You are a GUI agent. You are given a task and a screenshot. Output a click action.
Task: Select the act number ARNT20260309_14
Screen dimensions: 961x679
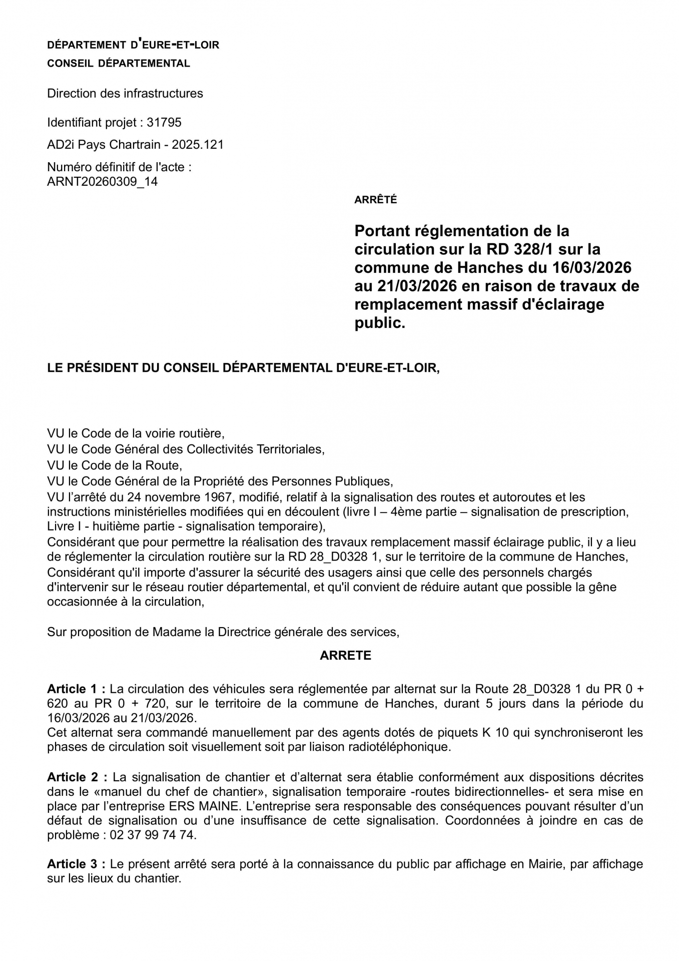[x=102, y=182]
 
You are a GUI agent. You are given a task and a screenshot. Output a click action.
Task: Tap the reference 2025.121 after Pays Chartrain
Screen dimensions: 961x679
[x=198, y=145]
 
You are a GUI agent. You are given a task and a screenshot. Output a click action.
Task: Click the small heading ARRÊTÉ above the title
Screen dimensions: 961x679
[x=375, y=200]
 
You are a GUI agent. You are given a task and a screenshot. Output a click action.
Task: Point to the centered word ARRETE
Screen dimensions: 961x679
[x=345, y=655]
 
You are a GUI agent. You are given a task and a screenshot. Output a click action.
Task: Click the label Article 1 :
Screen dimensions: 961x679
[x=76, y=689]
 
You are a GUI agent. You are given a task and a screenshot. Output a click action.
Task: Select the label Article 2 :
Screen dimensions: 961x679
[x=77, y=777]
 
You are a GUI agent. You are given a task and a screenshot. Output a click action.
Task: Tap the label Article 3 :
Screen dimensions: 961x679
[x=76, y=864]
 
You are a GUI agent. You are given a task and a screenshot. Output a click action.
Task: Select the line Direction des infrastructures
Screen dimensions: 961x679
[x=125, y=94]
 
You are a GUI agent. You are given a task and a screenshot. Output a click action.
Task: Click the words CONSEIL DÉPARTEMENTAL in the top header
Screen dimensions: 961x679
[x=119, y=64]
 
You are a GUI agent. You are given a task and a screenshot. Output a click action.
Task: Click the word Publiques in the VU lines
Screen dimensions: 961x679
[x=364, y=482]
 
